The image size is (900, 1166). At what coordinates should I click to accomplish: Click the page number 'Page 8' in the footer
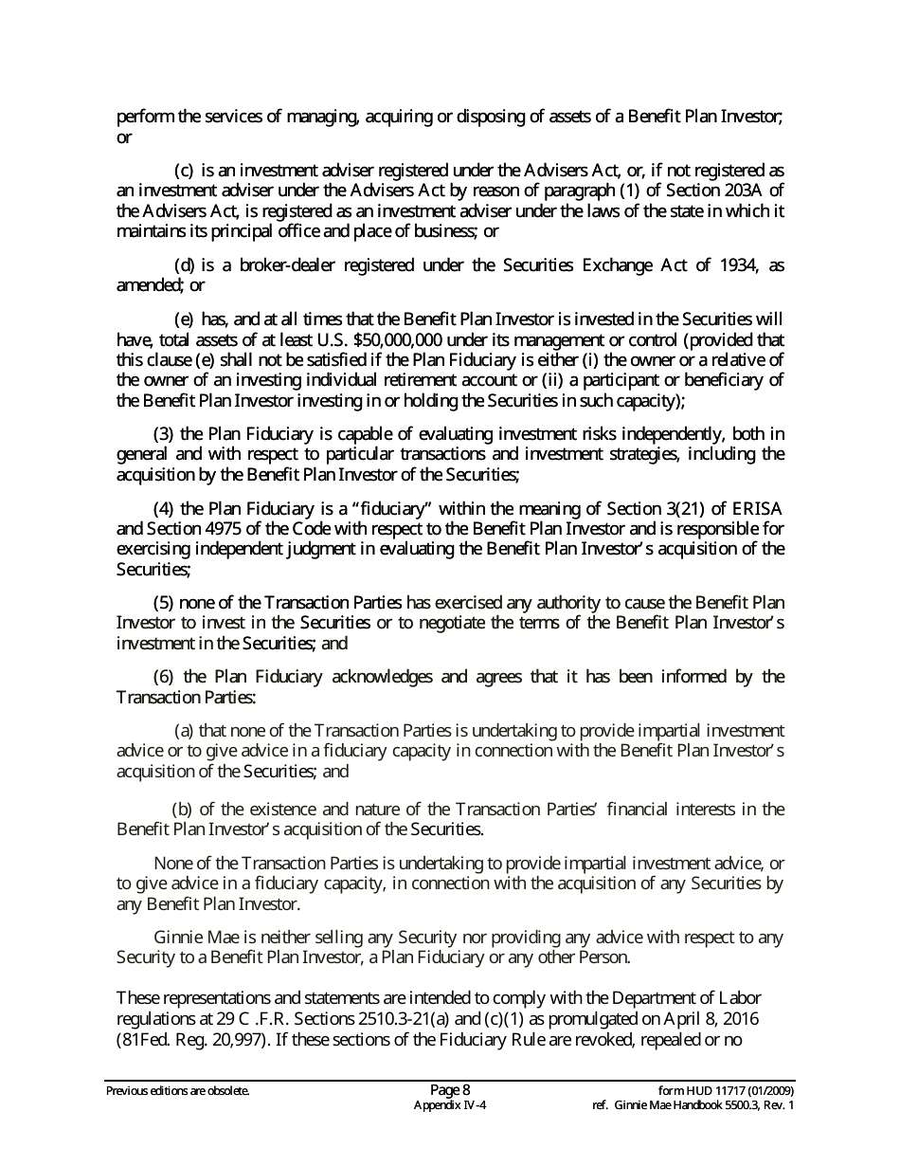(x=450, y=1089)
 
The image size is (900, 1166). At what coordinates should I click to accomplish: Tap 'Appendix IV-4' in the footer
(x=450, y=1105)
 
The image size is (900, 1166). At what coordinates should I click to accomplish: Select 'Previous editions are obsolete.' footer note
(x=178, y=1091)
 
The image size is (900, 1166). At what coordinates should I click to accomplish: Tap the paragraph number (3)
(x=163, y=434)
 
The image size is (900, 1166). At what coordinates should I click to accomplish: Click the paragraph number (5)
(x=163, y=602)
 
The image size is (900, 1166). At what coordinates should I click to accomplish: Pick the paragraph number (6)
(x=163, y=677)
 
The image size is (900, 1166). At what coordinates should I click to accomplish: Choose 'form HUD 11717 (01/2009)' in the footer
(x=726, y=1090)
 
